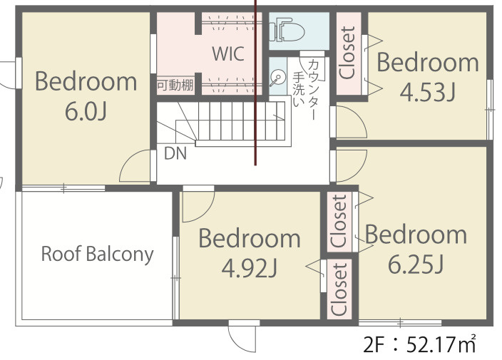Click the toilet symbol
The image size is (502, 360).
coord(287,30)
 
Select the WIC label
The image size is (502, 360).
coord(228,53)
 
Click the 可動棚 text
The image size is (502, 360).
coord(175,85)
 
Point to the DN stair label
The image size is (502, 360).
coord(175,153)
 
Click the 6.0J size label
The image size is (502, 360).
coord(86,111)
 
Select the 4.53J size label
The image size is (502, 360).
coord(427,92)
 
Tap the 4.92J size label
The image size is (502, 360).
coord(250,268)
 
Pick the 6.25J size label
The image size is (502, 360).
coord(416,264)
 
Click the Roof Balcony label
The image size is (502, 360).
coord(97,254)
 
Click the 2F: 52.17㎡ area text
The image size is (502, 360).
coord(419,344)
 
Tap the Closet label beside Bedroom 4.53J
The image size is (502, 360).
coord(348,53)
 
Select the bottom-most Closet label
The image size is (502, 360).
coord(339,289)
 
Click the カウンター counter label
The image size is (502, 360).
coord(314,89)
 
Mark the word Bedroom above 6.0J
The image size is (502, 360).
coord(86,81)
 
